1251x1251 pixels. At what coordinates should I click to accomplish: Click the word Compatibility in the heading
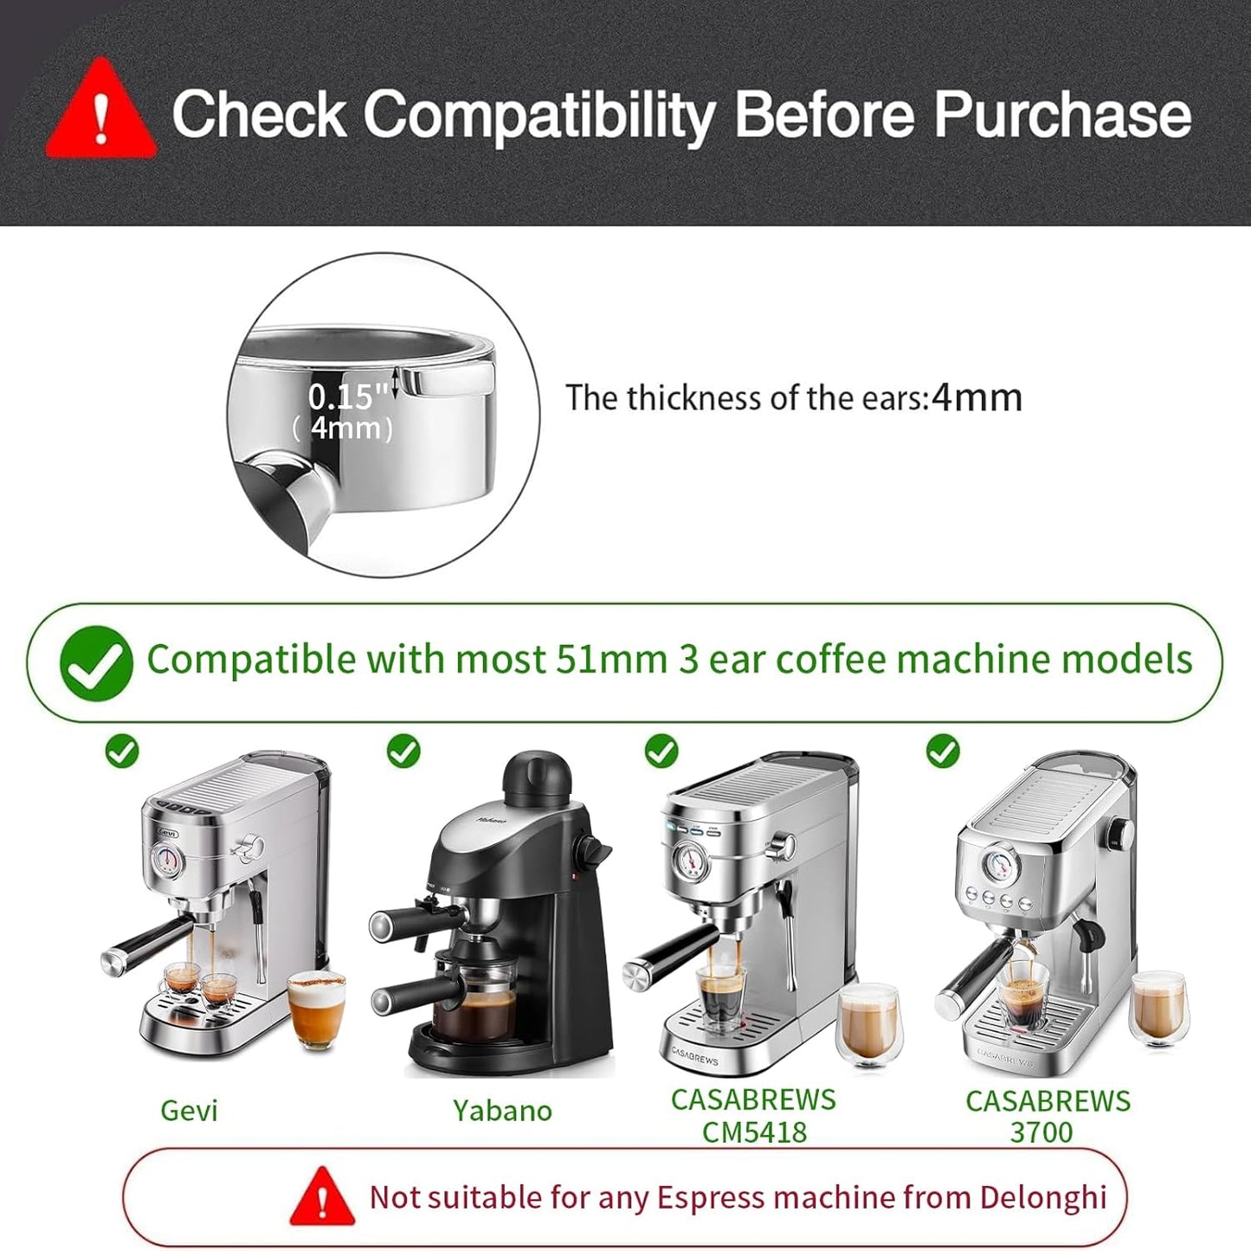(x=538, y=114)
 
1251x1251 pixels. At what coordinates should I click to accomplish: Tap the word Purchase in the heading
(x=1062, y=114)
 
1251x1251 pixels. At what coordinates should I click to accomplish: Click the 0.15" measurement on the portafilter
(x=347, y=397)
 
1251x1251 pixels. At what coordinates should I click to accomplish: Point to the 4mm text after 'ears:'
(x=977, y=397)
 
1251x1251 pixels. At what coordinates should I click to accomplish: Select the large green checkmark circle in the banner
(x=96, y=662)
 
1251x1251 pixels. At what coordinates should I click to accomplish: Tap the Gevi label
(x=189, y=1110)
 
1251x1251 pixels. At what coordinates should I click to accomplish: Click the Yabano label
(x=502, y=1110)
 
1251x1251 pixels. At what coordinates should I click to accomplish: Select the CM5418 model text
(x=754, y=1132)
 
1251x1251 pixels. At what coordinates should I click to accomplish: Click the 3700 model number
(x=1041, y=1132)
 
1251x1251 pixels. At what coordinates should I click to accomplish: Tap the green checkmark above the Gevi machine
(x=122, y=751)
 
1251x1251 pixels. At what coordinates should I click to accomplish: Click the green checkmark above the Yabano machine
(x=403, y=751)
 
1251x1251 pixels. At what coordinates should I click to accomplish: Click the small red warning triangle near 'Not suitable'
(x=322, y=1198)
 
